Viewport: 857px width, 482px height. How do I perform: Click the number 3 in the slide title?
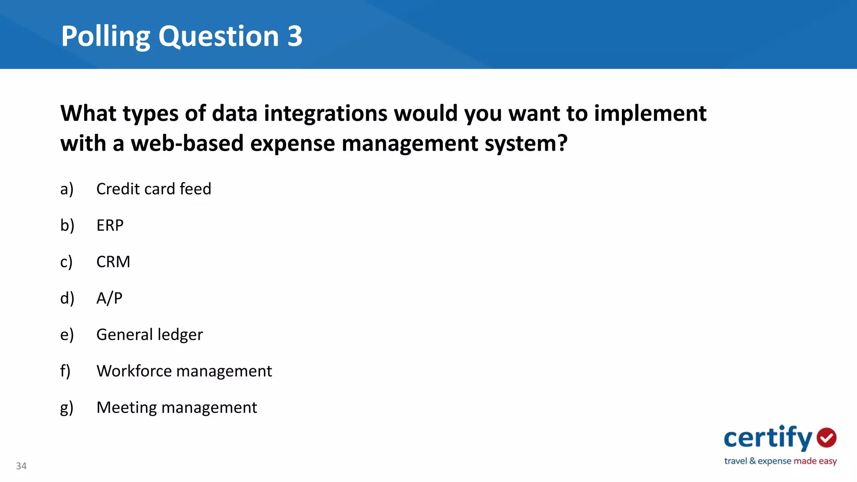pyautogui.click(x=295, y=36)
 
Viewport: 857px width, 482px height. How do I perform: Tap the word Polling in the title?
pyautogui.click(x=105, y=36)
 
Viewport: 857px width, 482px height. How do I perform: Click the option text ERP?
pyautogui.click(x=110, y=226)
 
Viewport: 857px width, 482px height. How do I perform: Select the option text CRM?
pyautogui.click(x=113, y=262)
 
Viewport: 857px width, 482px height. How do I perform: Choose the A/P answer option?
pyautogui.click(x=109, y=298)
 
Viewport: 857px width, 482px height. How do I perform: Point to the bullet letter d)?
pyautogui.click(x=67, y=298)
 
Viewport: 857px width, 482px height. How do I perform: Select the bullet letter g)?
pyautogui.click(x=67, y=408)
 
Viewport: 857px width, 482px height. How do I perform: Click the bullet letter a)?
pyautogui.click(x=67, y=189)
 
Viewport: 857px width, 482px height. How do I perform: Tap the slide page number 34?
pyautogui.click(x=21, y=466)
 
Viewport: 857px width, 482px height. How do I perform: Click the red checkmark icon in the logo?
pyautogui.click(x=826, y=438)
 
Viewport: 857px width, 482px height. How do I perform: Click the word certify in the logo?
pyautogui.click(x=767, y=438)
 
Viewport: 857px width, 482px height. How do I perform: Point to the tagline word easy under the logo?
pyautogui.click(x=828, y=461)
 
